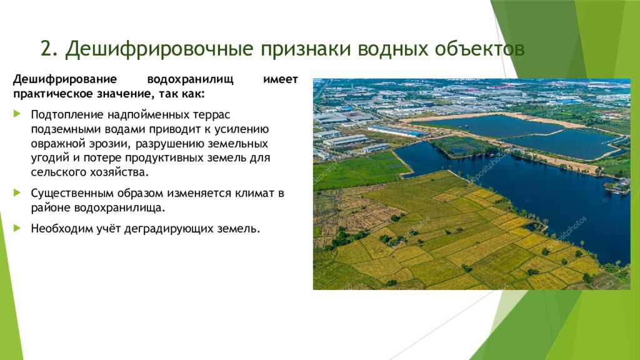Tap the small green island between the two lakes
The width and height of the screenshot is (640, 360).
point(462,146)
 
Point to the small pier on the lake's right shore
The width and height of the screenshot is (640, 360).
point(615,188)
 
